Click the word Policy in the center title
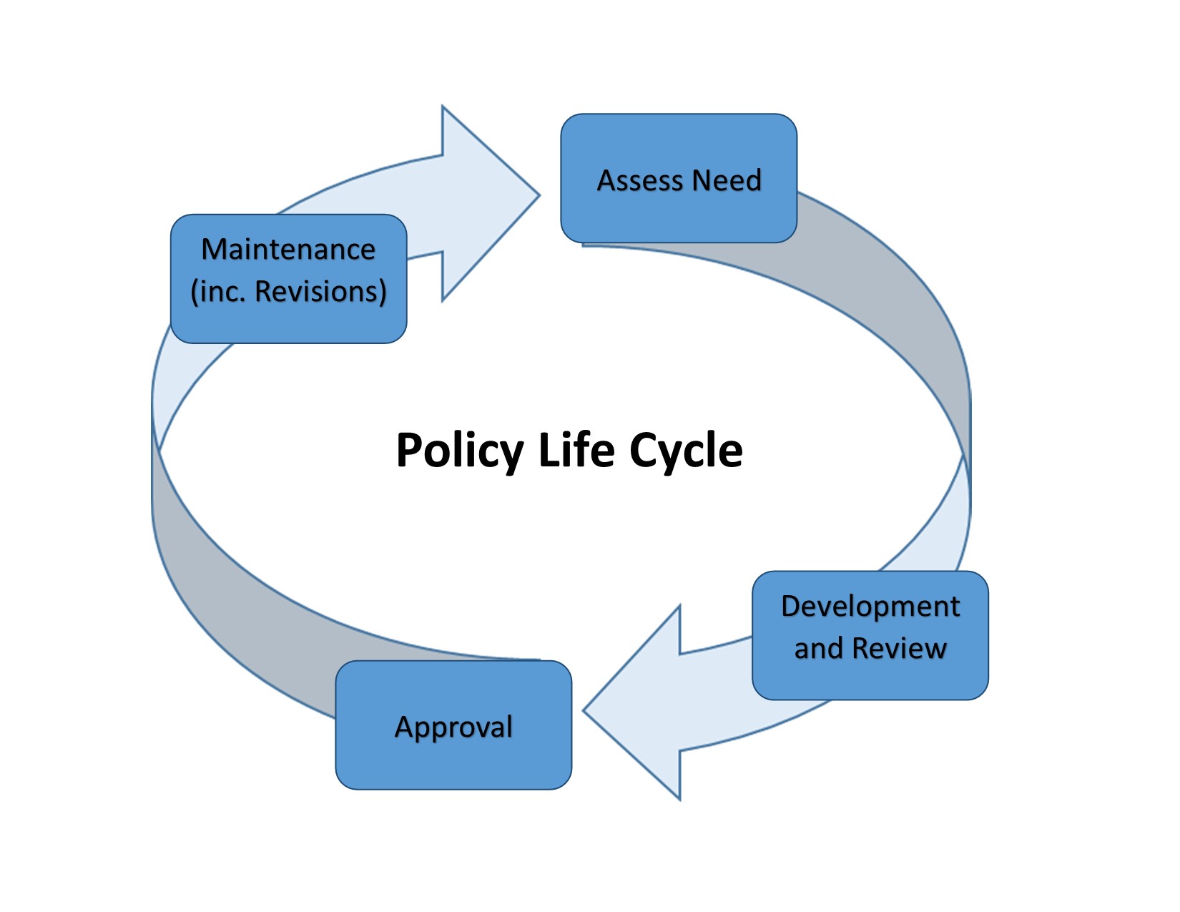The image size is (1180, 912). pyautogui.click(x=459, y=451)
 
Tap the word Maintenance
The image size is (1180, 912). pyautogui.click(x=288, y=250)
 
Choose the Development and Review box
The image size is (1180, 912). pyautogui.click(x=870, y=680)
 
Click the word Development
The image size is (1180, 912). pyautogui.click(x=870, y=607)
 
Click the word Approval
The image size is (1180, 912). pyautogui.click(x=453, y=727)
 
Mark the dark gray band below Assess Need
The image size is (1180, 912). pyautogui.click(x=894, y=300)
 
